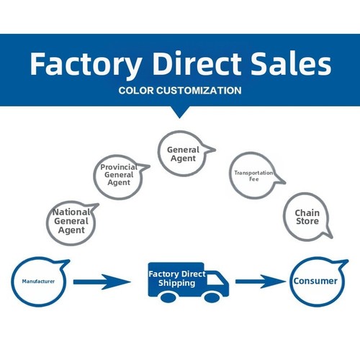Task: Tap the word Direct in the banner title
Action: (197, 63)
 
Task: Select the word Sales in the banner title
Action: (291, 63)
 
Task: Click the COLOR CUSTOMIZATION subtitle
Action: (180, 91)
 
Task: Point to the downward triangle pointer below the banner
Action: (179, 112)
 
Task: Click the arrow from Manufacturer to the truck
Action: (102, 282)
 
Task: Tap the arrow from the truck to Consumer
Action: (261, 282)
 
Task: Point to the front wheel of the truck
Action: (212, 297)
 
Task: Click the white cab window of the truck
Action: (215, 279)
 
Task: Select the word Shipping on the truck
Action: (176, 283)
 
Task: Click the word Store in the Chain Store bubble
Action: (307, 221)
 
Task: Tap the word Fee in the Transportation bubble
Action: (254, 179)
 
